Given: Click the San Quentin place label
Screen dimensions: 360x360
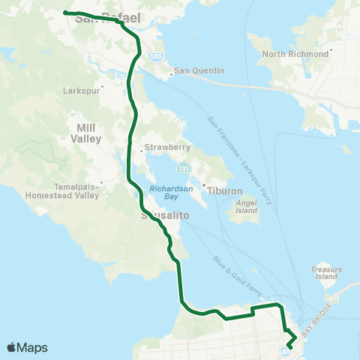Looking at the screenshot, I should pyautogui.click(x=199, y=71).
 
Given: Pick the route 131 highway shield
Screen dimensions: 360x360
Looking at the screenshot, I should pyautogui.click(x=183, y=163).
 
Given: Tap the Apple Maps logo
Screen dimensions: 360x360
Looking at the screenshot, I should pyautogui.click(x=27, y=347).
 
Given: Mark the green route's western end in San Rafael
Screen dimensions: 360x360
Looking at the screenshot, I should pyautogui.click(x=65, y=12).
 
